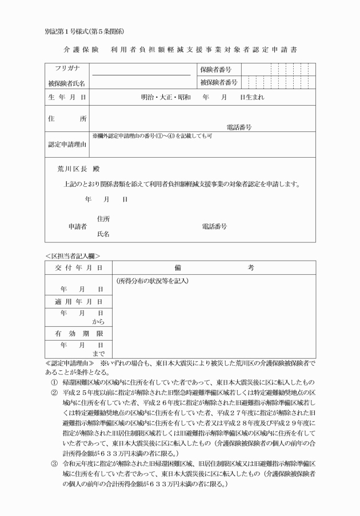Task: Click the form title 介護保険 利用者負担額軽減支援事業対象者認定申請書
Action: tap(180, 50)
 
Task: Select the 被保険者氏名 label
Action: tap(67, 83)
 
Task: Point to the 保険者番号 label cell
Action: tap(219, 69)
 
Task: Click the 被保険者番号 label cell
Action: tap(219, 83)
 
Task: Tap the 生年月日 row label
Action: tap(67, 97)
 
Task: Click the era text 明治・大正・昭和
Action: tap(166, 97)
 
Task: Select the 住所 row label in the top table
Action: tap(67, 119)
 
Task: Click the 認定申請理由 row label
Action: tap(67, 145)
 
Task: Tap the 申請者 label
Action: tap(78, 226)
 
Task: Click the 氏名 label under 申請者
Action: tap(103, 234)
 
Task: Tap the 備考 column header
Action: tap(214, 267)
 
